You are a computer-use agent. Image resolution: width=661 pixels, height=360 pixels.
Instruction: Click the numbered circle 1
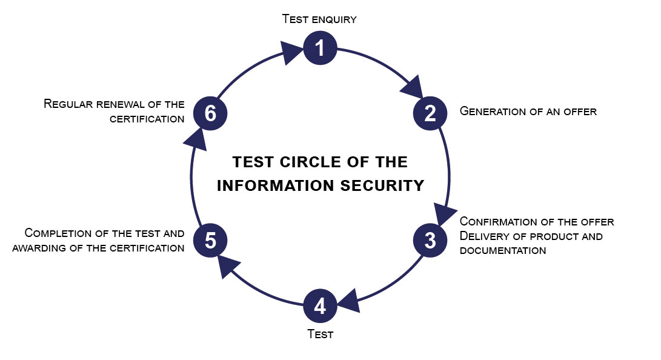[320, 48]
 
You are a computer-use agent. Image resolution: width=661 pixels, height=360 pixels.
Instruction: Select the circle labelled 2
[430, 113]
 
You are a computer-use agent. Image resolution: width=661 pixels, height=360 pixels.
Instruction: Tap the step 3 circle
[430, 241]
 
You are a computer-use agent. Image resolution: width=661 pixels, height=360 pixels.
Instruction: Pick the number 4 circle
[320, 306]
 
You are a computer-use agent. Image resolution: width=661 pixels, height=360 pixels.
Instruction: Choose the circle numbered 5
[210, 241]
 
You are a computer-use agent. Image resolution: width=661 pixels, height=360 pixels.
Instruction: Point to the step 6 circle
[210, 113]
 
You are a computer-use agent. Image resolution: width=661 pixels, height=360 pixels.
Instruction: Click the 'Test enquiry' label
[319, 19]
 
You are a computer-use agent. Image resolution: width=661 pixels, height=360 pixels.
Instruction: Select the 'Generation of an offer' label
[528, 111]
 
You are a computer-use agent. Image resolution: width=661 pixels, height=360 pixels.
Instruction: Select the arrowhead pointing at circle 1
[291, 53]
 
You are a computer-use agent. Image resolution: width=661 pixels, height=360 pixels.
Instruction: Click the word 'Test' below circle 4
[320, 334]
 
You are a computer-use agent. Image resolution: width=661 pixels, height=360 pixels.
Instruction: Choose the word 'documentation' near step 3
[503, 250]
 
